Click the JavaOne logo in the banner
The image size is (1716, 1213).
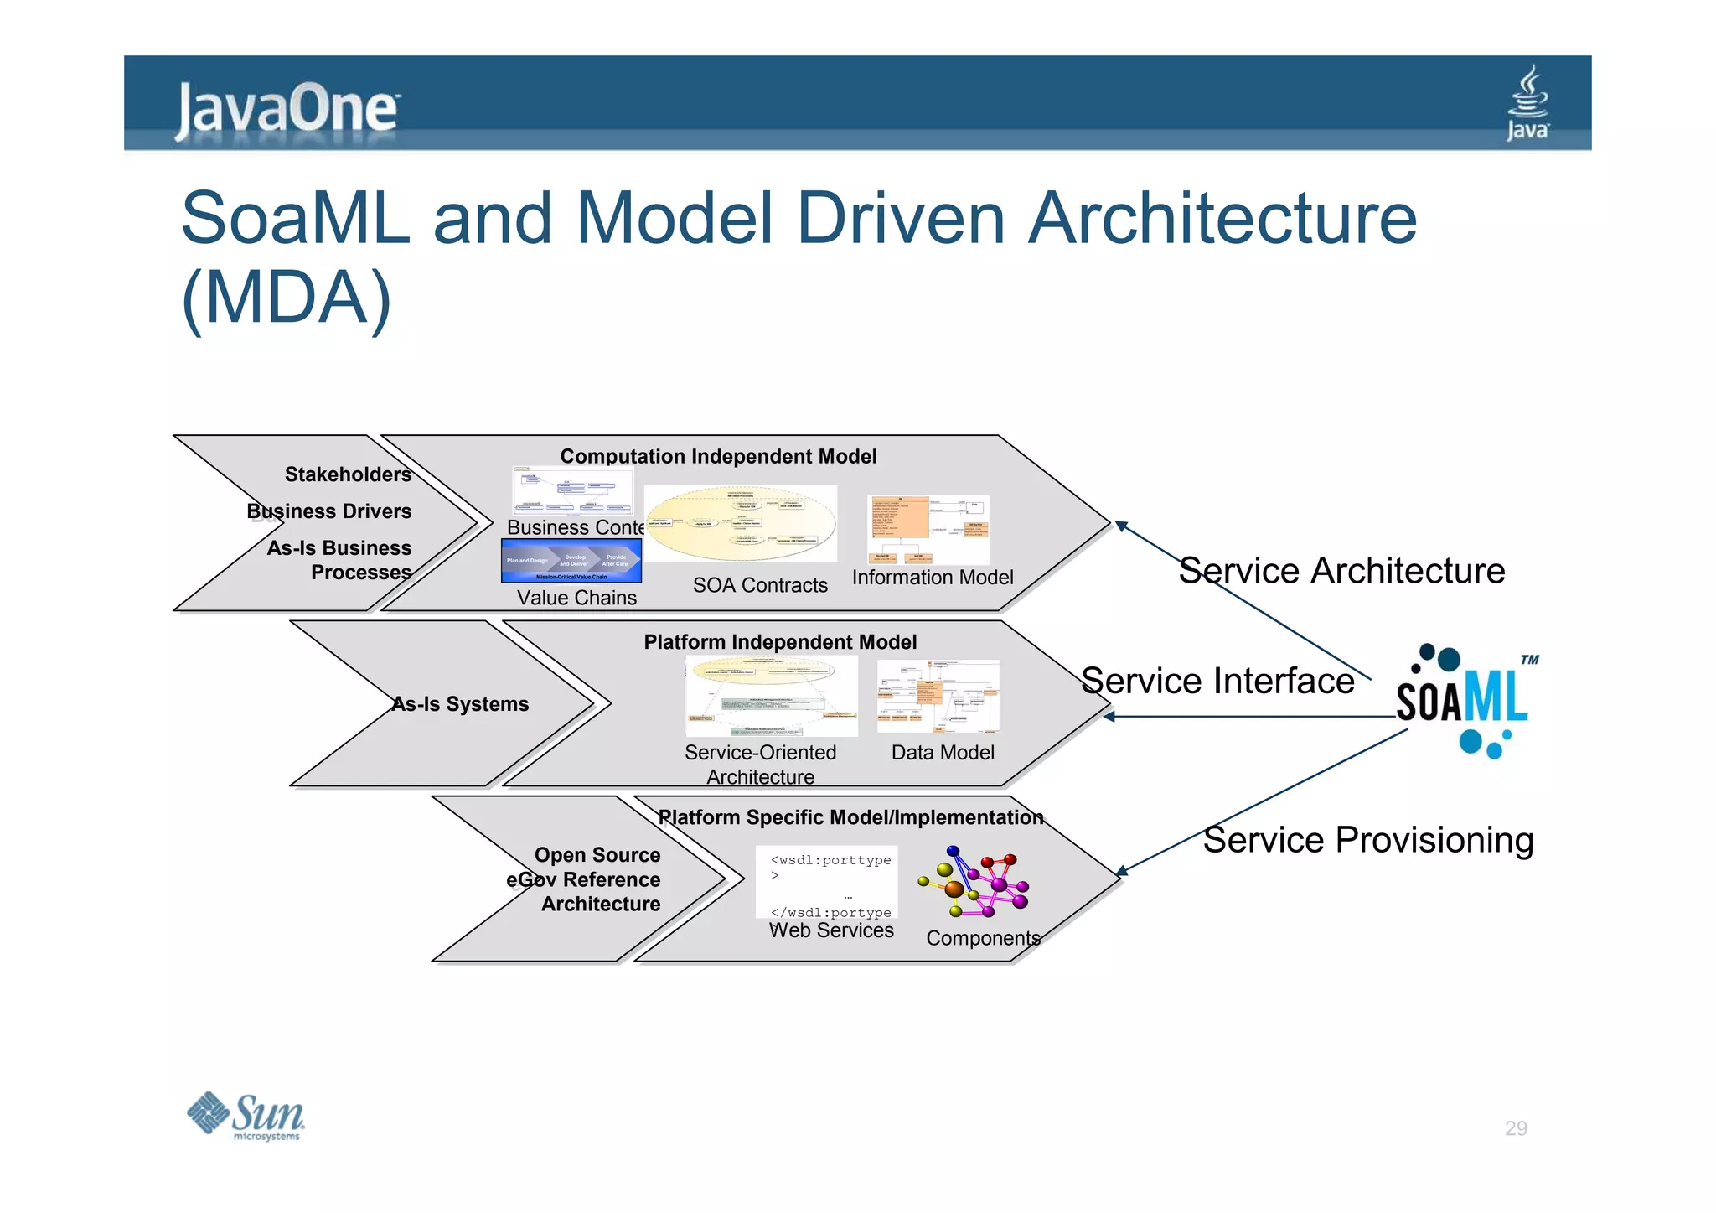[287, 109]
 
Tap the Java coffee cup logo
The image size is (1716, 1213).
[1527, 103]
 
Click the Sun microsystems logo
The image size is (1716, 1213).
[246, 1116]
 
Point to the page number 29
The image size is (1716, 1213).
[1515, 1128]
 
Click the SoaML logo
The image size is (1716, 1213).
[1463, 700]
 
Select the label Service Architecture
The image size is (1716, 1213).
[1341, 571]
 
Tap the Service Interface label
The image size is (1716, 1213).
[1217, 681]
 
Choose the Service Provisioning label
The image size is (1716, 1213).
[1367, 840]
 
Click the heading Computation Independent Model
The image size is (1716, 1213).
[718, 457]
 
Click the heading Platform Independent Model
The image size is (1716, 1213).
[779, 642]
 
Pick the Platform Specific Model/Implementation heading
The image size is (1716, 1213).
[850, 817]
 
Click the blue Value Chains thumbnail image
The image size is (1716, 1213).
[571, 561]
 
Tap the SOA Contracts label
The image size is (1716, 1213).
[760, 585]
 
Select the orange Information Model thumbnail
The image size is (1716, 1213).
[928, 530]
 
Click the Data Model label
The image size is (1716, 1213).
[943, 753]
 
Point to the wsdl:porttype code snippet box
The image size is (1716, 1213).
[826, 883]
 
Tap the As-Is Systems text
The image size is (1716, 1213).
[460, 704]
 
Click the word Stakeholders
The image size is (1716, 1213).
[348, 474]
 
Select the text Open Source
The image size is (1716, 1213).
[597, 855]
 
